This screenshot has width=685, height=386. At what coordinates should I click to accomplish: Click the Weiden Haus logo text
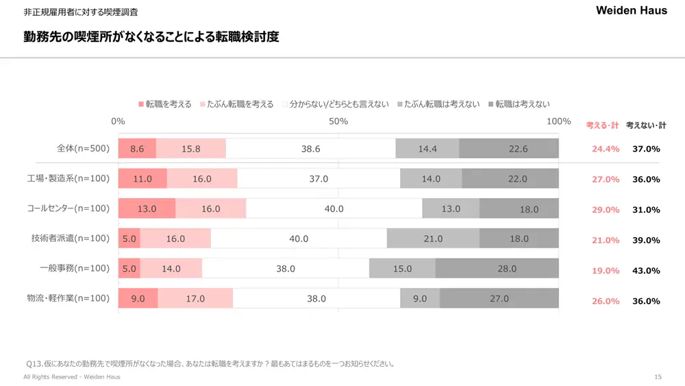(x=631, y=11)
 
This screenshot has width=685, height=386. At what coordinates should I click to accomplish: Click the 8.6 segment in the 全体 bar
(x=137, y=149)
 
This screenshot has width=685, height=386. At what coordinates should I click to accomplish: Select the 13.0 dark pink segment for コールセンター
(x=147, y=209)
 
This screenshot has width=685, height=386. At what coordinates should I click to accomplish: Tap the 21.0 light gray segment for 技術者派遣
(x=433, y=239)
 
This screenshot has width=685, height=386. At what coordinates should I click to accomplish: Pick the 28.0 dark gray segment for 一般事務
(x=507, y=269)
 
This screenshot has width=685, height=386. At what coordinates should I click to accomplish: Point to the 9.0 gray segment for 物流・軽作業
(x=420, y=299)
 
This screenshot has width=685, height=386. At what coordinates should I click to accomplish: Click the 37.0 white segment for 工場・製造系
(x=319, y=179)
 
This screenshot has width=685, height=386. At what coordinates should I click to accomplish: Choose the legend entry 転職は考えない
(x=523, y=104)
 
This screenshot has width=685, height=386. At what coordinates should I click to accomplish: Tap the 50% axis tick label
(x=338, y=121)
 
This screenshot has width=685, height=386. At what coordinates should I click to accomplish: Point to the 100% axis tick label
(x=559, y=121)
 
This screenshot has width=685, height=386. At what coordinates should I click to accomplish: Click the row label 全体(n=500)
(x=83, y=148)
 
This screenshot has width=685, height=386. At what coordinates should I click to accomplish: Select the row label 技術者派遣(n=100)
(x=71, y=239)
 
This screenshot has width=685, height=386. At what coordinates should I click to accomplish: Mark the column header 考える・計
(x=602, y=125)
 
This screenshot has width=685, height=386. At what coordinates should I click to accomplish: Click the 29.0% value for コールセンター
(x=606, y=210)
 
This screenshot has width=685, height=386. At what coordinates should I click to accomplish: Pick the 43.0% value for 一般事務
(x=646, y=271)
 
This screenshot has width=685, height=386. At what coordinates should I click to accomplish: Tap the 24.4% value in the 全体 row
(x=606, y=149)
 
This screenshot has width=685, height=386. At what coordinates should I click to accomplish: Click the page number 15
(x=658, y=377)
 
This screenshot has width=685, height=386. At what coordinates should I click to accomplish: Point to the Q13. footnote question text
(x=210, y=364)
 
